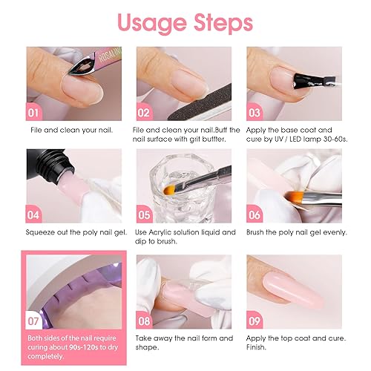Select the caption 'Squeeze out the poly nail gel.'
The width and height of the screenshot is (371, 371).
coord(74,232)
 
